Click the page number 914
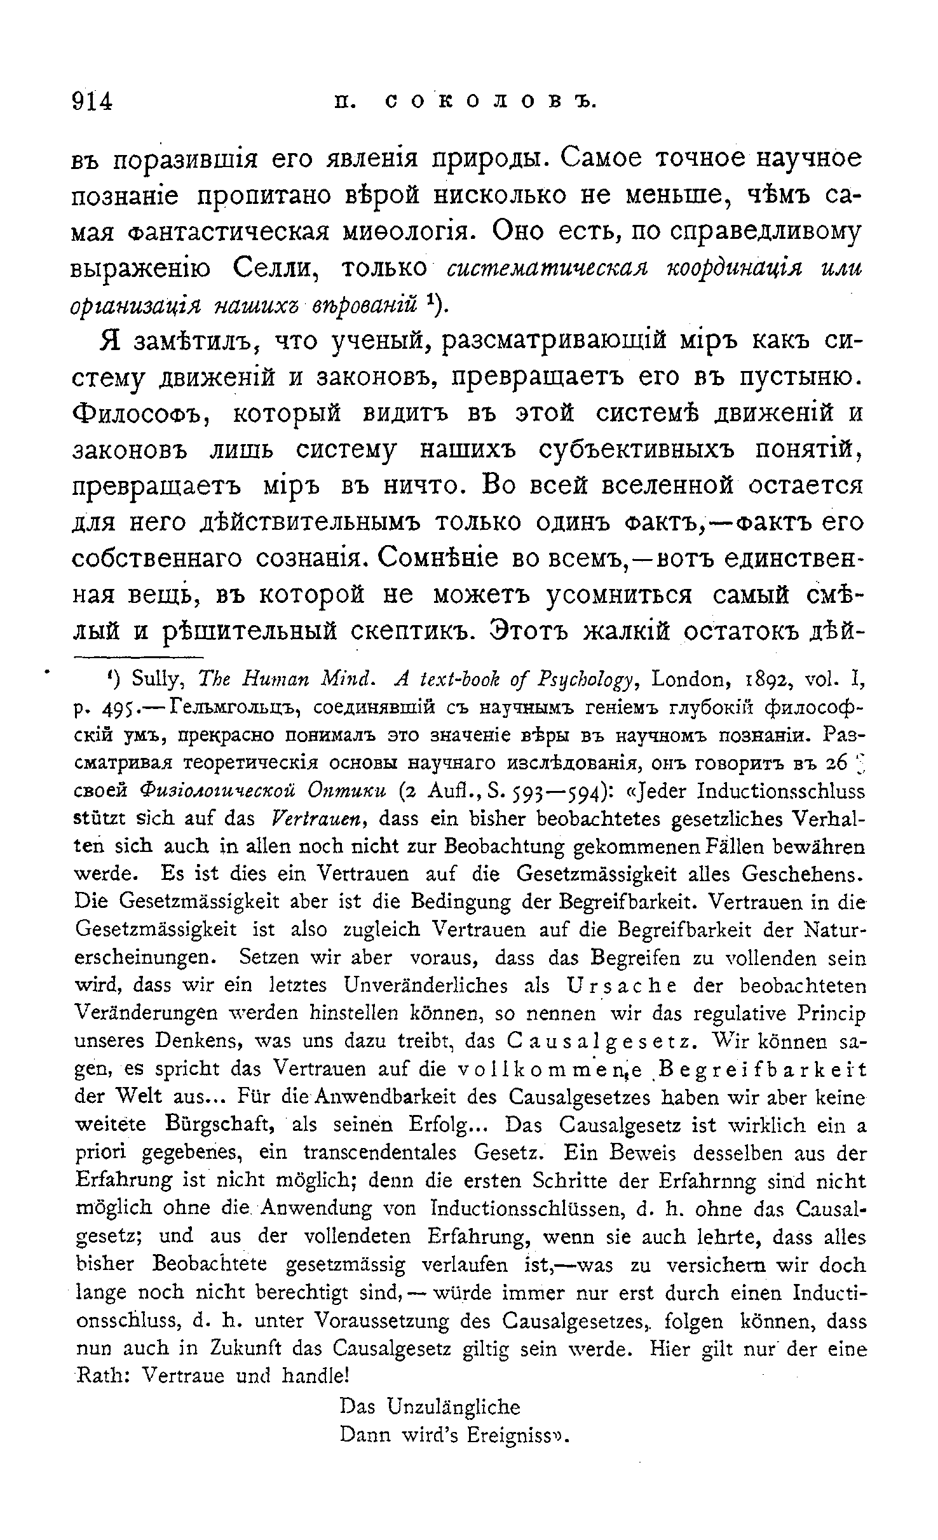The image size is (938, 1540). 92,101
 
